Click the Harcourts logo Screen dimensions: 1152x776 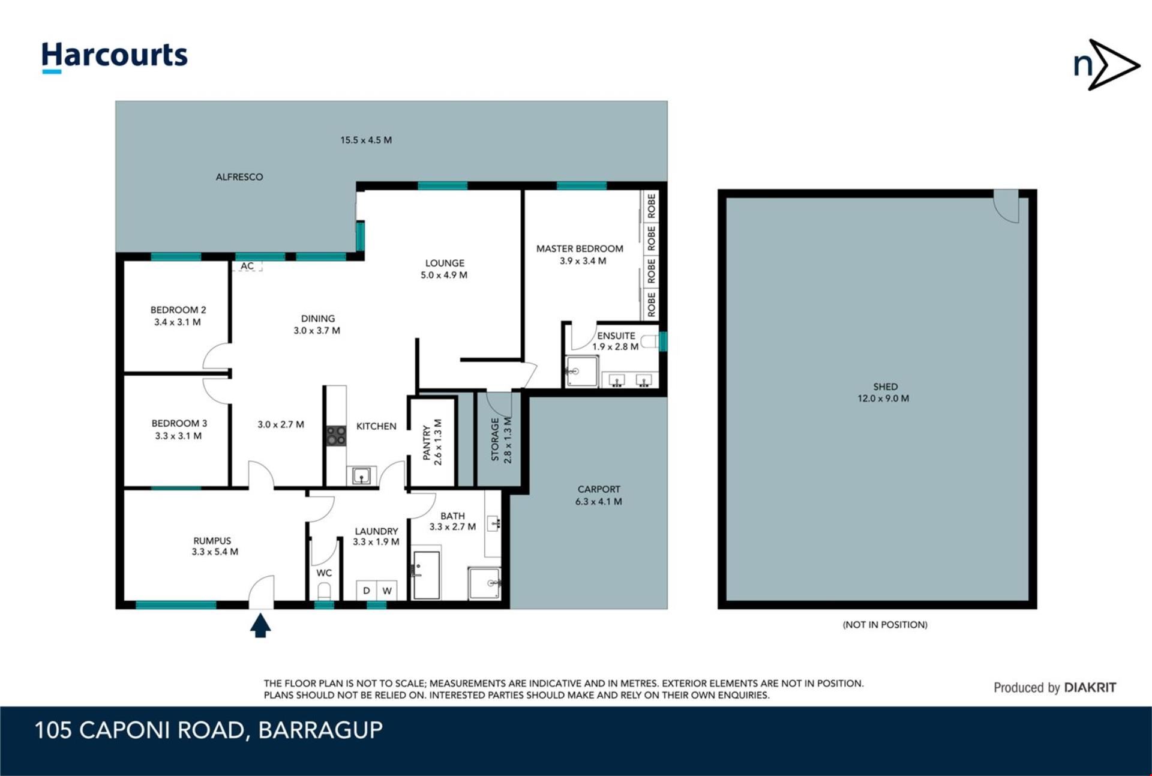pyautogui.click(x=115, y=57)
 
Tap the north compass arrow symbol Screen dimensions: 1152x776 pyautogui.click(x=1106, y=65)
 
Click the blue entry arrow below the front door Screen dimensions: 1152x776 pyautogui.click(x=260, y=625)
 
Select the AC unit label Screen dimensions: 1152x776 pyautogui.click(x=247, y=266)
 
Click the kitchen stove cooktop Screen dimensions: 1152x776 pyautogui.click(x=336, y=436)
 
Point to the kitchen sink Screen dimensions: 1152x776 pyautogui.click(x=361, y=476)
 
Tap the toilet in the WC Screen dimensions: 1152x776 pyautogui.click(x=324, y=591)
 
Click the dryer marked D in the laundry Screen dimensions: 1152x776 pyautogui.click(x=367, y=591)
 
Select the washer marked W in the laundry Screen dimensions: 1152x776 pyautogui.click(x=387, y=591)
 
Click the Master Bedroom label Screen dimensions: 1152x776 pyautogui.click(x=580, y=248)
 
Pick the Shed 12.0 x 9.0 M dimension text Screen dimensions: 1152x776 pyautogui.click(x=883, y=399)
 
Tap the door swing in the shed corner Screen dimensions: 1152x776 pyautogui.click(x=1007, y=207)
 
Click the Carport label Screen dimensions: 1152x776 pyautogui.click(x=599, y=489)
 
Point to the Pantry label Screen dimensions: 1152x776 pyautogui.click(x=427, y=443)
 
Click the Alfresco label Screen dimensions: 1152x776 pyautogui.click(x=239, y=177)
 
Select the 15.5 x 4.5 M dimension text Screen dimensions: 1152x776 pyautogui.click(x=366, y=140)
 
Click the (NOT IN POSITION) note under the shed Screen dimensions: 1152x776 pyautogui.click(x=885, y=625)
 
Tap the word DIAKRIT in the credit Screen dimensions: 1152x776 pyautogui.click(x=1090, y=688)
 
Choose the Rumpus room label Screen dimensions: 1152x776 pyautogui.click(x=212, y=541)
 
